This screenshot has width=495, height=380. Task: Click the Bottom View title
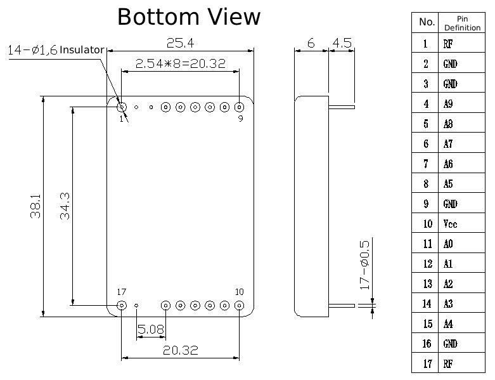[x=189, y=16]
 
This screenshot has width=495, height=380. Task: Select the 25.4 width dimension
[x=180, y=43]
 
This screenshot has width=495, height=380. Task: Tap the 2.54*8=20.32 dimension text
[x=180, y=64]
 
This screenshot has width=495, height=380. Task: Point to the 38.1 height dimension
[x=35, y=206]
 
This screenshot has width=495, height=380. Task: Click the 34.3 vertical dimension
[x=65, y=206]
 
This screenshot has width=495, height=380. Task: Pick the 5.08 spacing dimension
[x=151, y=329]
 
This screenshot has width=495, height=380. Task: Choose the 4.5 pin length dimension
[x=342, y=43]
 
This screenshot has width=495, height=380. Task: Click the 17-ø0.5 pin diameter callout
[x=364, y=265]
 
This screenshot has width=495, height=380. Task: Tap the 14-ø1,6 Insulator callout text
[x=56, y=50]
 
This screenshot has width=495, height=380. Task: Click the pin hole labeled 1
[x=122, y=107]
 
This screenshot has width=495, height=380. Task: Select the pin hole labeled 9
[x=240, y=107]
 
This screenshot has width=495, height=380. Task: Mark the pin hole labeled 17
[x=122, y=305]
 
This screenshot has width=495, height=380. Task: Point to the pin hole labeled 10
[x=240, y=305]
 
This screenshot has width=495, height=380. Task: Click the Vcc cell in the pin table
[x=462, y=223]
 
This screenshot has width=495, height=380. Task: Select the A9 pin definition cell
[x=462, y=103]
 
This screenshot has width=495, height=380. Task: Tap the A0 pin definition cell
[x=462, y=243]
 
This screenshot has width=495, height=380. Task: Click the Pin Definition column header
[x=462, y=23]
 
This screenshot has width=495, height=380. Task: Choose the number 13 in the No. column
[x=427, y=284]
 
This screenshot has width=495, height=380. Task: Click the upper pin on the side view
[x=342, y=107]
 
